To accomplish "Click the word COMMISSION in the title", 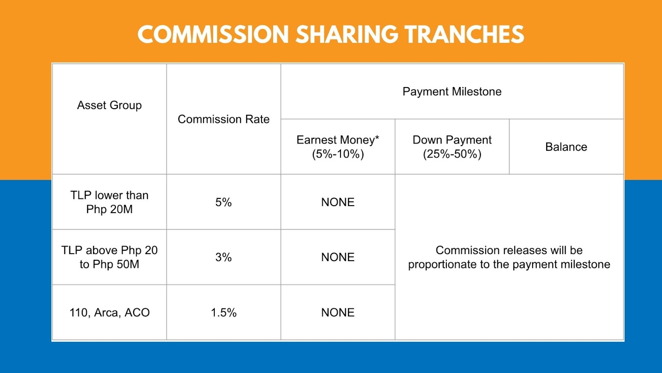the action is point(213,34).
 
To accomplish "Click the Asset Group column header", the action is point(109,105).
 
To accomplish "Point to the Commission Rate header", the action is point(223,119).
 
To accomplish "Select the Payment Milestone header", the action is point(452,92).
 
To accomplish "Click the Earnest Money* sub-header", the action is point(338,140).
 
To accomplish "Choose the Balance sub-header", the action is point(566,147).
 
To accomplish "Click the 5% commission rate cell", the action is point(223,202).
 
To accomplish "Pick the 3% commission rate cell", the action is point(223,257).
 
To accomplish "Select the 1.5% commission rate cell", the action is point(223,312).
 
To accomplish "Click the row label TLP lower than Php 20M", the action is point(109,202).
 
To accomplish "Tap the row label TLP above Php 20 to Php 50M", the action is point(109,257).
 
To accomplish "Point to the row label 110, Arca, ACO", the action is point(109,312).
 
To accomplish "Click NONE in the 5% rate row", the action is point(338,202).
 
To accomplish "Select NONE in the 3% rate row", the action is point(338,257).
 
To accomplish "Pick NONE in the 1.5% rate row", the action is point(338,312).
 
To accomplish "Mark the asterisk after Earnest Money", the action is point(377,137).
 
